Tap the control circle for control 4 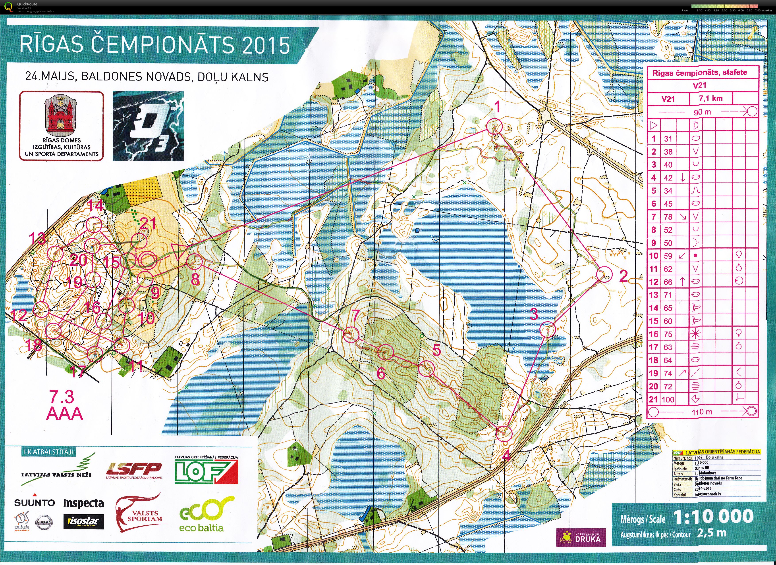[504, 433]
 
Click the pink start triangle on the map [178, 252]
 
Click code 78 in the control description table [668, 217]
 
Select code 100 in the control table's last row [668, 399]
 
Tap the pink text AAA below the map [65, 414]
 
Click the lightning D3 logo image [148, 126]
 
